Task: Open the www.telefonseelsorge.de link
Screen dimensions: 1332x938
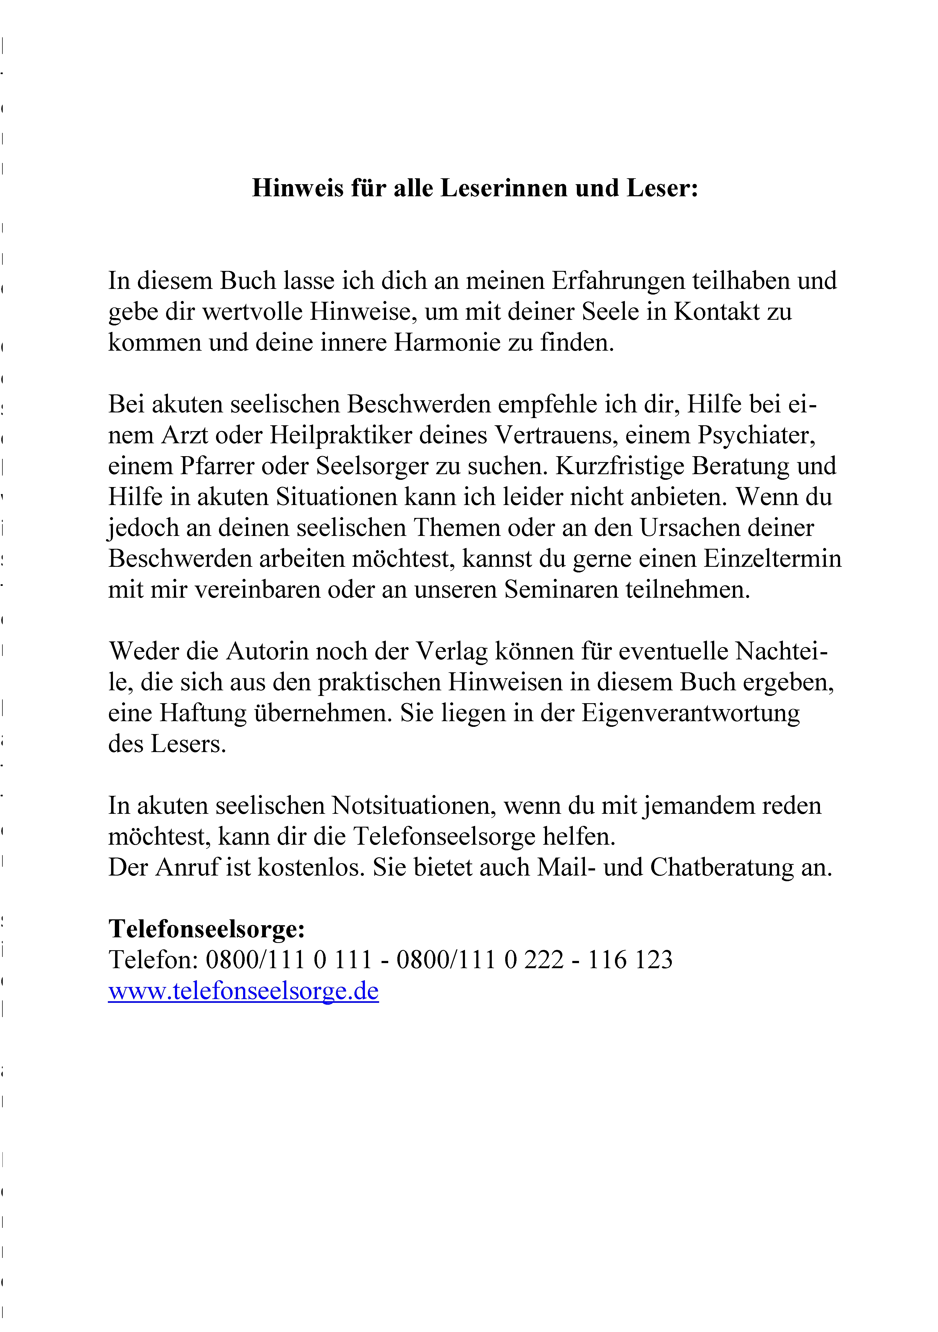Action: click(243, 991)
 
